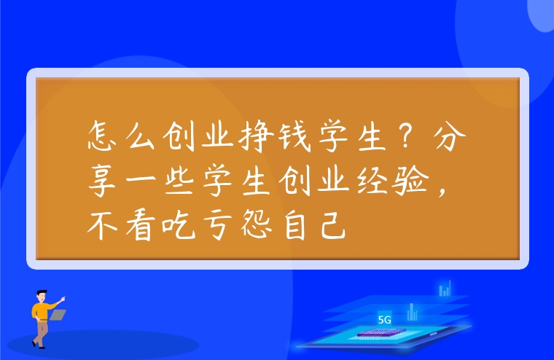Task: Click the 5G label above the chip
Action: click(385, 319)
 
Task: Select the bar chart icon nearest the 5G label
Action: click(412, 313)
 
